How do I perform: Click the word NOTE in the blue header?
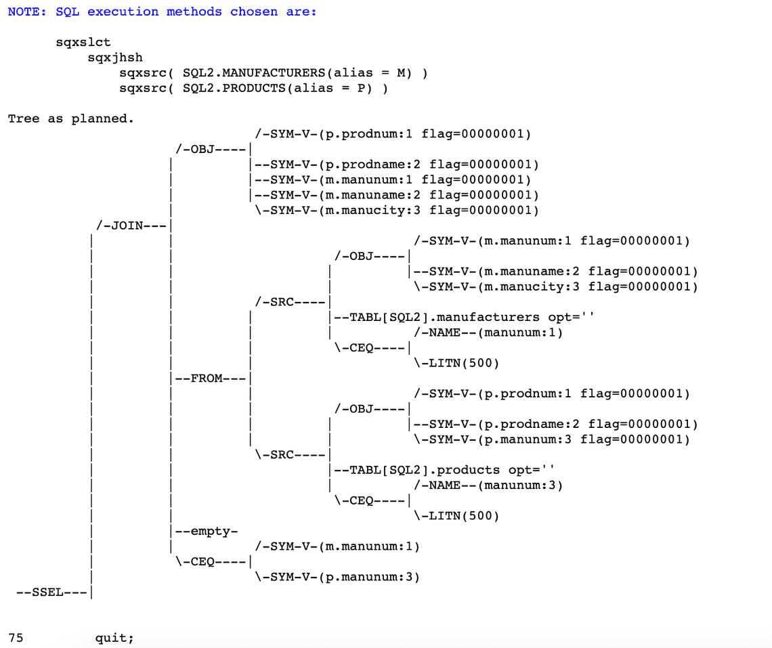[24, 12]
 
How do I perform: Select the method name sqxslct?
[83, 42]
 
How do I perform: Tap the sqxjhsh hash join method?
[115, 58]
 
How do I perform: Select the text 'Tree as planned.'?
[71, 118]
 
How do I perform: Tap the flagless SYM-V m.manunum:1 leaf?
[337, 546]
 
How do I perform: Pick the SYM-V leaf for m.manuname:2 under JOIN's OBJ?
[396, 195]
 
